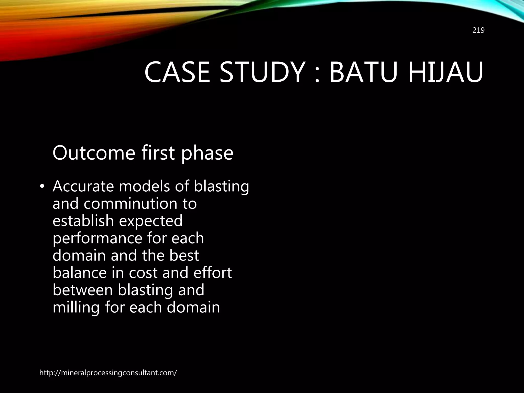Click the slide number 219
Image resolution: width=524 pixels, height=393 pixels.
(x=478, y=30)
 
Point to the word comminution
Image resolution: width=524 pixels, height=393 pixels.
(x=130, y=204)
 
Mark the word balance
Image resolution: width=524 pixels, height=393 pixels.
(x=80, y=272)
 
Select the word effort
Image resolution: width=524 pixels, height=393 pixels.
(x=212, y=272)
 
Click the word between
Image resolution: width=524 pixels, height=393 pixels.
(x=82, y=290)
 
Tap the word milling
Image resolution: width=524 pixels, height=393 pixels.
(x=76, y=308)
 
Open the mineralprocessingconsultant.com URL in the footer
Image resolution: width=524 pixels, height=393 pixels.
(x=108, y=373)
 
